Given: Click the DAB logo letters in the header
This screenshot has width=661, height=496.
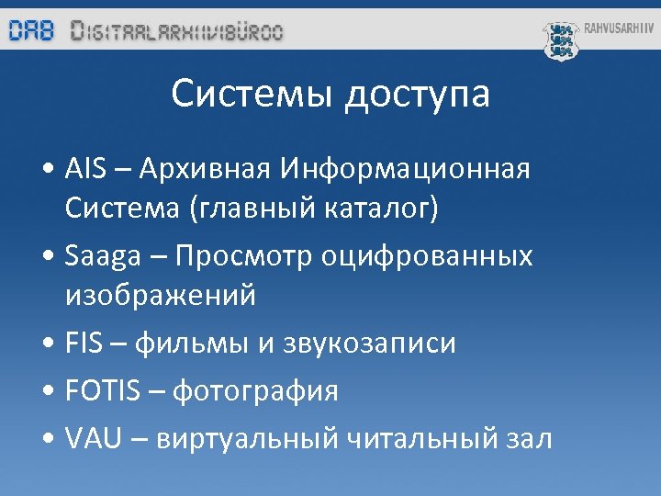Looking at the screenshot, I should point(32,31).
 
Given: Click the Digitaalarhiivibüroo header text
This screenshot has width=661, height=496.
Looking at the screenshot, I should point(177,31).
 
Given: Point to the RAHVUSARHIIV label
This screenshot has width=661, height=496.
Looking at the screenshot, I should point(619,28).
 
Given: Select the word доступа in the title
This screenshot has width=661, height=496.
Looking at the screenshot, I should point(418,96).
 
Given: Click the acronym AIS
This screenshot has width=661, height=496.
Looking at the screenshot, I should point(87,170).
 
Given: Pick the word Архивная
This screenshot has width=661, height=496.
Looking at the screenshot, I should point(195,170).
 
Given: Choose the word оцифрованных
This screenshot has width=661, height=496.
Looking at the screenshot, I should point(427,255).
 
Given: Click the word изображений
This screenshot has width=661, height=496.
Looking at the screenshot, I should point(161,296).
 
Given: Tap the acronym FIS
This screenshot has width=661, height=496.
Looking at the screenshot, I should point(88,344).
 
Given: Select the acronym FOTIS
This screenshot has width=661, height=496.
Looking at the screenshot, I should point(103,391).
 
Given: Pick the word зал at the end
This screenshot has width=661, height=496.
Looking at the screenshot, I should point(527,439).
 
